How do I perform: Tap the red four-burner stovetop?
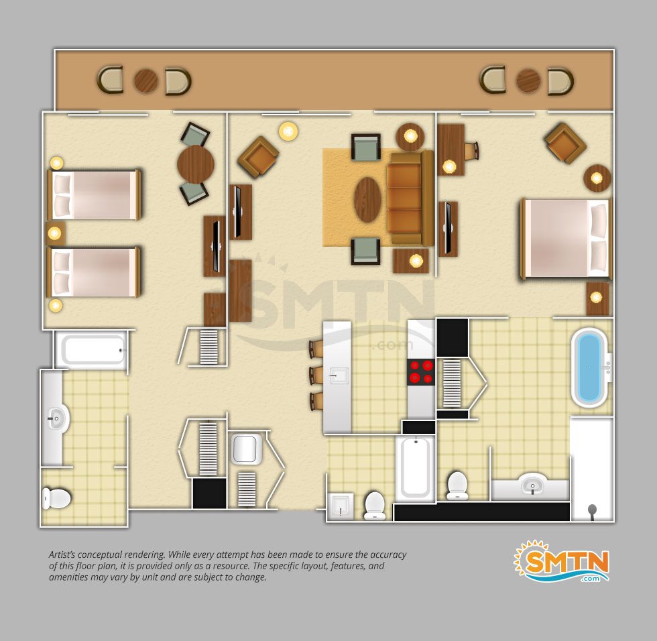pos(421,372)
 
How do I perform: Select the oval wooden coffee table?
pos(367,199)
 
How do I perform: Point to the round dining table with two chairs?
pos(196,164)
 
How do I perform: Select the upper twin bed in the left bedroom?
pos(94,195)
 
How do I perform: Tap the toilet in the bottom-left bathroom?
pos(56,498)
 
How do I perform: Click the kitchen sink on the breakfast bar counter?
pos(339,376)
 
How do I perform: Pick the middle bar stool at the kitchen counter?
pos(316,375)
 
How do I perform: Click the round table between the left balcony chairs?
pos(146,81)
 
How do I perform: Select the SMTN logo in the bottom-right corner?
pos(562,561)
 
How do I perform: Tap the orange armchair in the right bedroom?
pos(564,143)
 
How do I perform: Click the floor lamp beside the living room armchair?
pos(288,131)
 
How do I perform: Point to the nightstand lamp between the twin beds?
pos(54,233)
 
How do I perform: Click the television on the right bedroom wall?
pos(448,229)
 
